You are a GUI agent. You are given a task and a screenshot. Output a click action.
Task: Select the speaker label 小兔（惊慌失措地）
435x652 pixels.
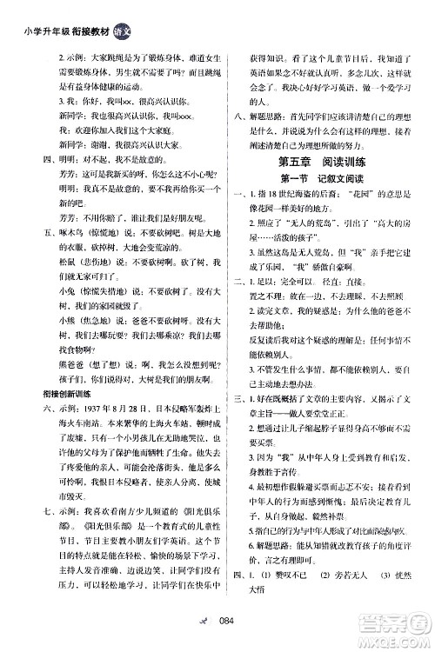tap(75, 312)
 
